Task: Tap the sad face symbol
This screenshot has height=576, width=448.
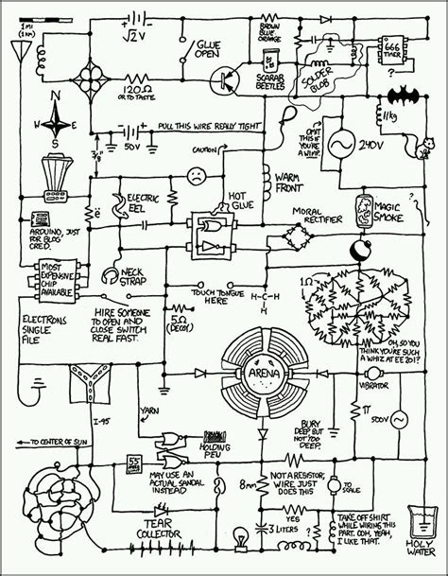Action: (197, 175)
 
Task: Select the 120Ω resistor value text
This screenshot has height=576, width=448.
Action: (132, 86)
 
